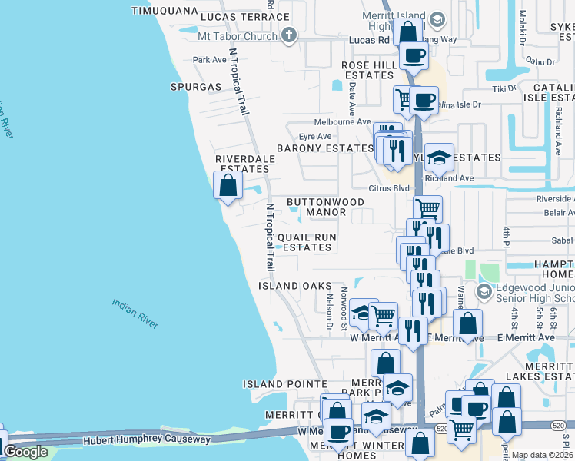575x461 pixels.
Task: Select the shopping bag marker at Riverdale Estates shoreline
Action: tap(228, 186)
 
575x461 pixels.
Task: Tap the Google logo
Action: tap(25, 452)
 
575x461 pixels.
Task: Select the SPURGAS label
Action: tap(196, 87)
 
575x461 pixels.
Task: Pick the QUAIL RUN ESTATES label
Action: tap(307, 242)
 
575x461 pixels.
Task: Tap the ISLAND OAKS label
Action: tap(288, 285)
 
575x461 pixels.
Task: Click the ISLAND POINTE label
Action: tap(285, 383)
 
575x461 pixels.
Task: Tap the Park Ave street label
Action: tap(210, 60)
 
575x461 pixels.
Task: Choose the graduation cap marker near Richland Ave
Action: tap(439, 158)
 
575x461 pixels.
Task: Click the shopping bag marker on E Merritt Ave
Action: tap(467, 324)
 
